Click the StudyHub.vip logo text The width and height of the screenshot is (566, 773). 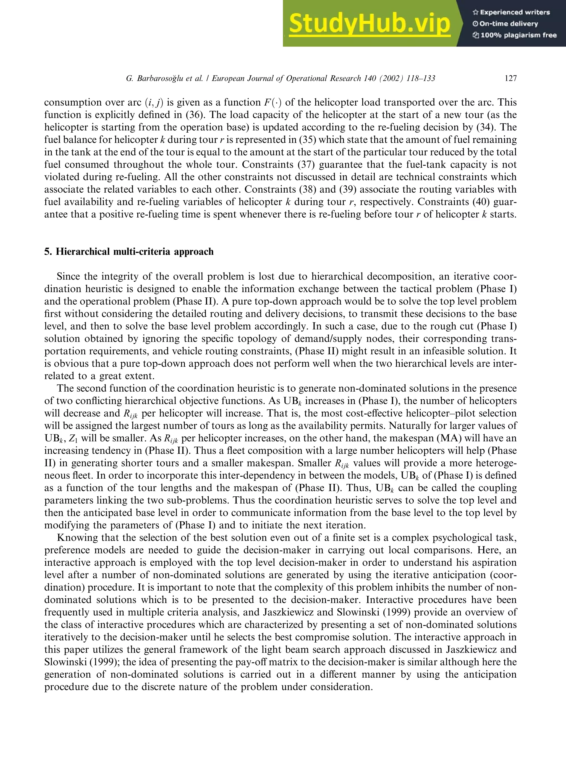coord(369,24)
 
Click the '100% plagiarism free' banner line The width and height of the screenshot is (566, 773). coord(514,35)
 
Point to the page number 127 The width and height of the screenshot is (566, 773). coord(510,78)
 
